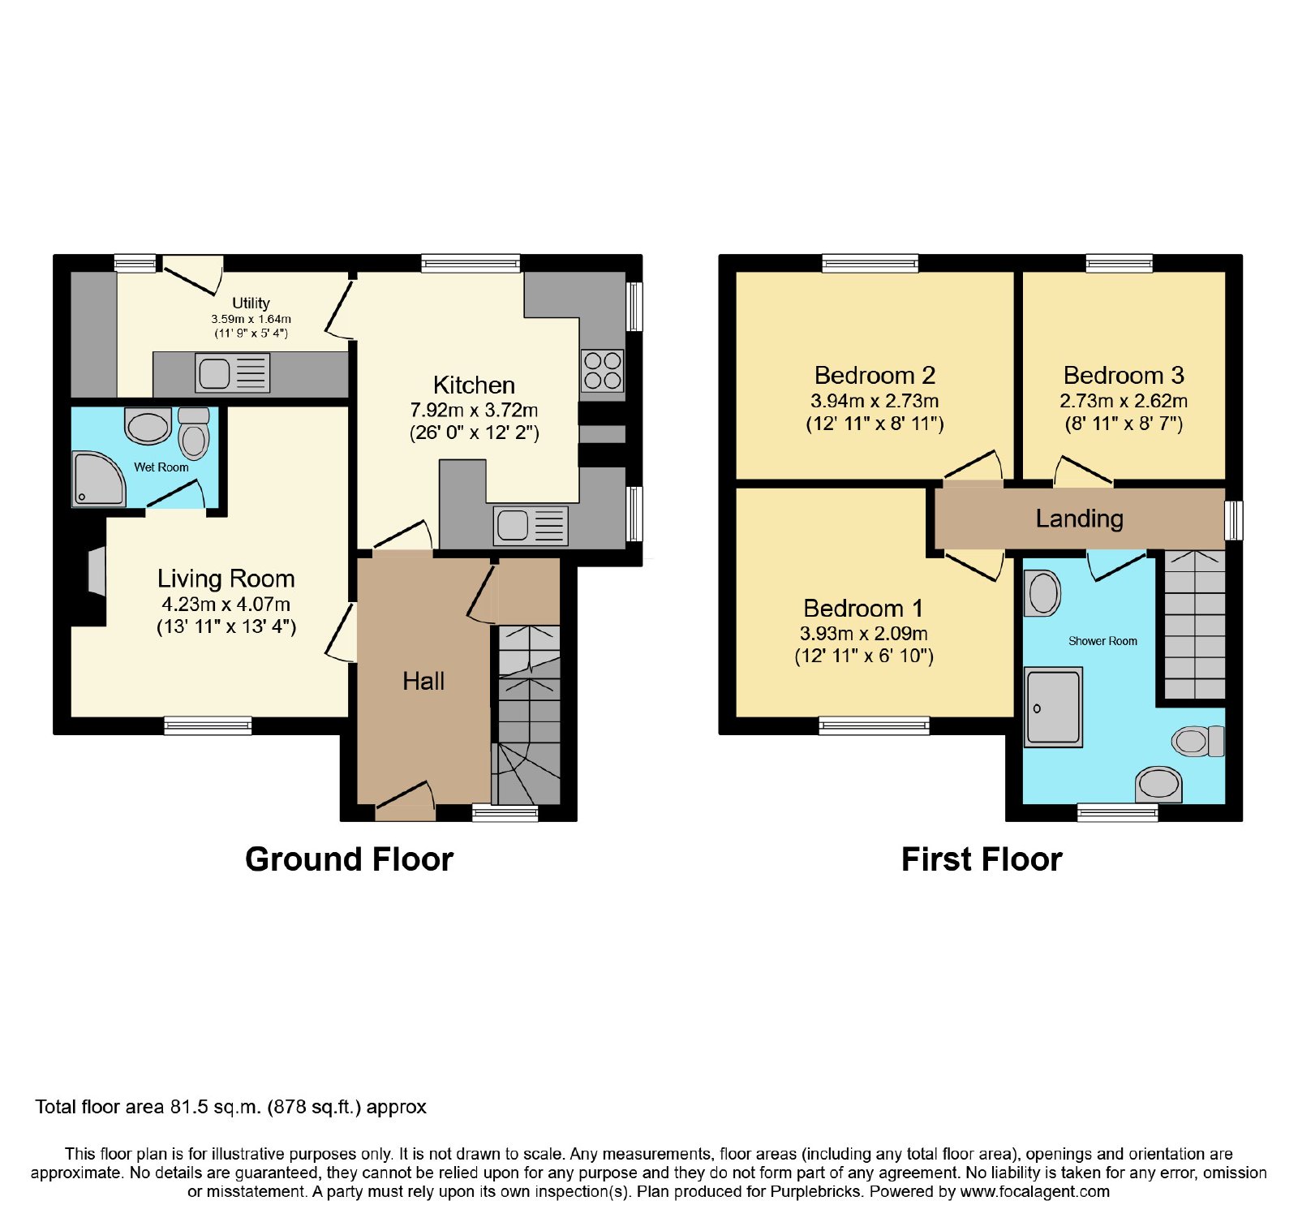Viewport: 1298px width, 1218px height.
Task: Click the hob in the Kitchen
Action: point(602,370)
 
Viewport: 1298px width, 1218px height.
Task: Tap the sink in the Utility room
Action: point(233,373)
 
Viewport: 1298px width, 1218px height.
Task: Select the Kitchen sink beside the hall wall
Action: point(531,525)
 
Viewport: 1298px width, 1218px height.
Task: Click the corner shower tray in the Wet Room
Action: point(98,479)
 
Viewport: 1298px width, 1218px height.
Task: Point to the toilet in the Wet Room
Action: point(194,433)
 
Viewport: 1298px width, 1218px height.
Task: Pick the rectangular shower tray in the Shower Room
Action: point(1054,707)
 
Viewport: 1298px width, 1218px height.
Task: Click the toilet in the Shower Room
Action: point(1198,740)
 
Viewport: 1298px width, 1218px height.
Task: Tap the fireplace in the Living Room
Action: point(96,571)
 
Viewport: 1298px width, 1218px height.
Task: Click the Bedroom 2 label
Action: point(875,375)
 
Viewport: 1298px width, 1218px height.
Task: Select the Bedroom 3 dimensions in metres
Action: point(1124,401)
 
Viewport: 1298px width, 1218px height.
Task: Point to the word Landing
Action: point(1079,519)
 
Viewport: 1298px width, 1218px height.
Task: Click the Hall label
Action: point(423,681)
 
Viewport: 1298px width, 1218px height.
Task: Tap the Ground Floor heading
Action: point(349,859)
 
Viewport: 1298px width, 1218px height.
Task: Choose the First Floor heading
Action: point(982,859)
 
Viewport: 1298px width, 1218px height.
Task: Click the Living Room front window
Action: point(208,725)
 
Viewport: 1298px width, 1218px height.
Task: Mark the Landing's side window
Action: point(1233,520)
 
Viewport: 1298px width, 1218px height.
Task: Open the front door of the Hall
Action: point(404,801)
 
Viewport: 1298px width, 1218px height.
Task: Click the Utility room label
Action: point(251,303)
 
